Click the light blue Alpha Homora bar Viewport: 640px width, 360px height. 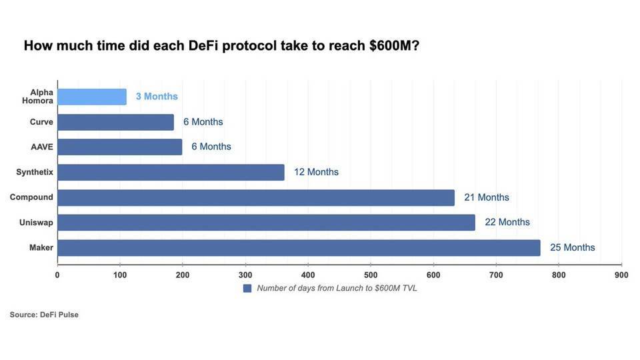click(92, 97)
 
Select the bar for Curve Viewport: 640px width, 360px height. click(115, 122)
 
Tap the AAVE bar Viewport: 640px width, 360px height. click(120, 147)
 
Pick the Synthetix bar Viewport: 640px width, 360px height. click(171, 172)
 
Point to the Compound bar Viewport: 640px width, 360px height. click(256, 197)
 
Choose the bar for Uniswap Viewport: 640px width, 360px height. click(267, 222)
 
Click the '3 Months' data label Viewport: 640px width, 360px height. click(157, 97)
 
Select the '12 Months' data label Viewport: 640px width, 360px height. click(316, 172)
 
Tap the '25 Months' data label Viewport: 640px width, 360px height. click(572, 247)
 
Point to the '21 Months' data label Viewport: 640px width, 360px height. click(487, 197)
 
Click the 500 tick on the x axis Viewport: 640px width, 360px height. click(371, 275)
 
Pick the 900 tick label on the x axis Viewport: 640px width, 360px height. click(621, 275)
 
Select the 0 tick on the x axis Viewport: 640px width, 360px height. click(57, 275)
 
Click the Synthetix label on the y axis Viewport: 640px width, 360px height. click(35, 172)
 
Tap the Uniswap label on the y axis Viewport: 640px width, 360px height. click(36, 222)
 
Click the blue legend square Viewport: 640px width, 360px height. click(247, 288)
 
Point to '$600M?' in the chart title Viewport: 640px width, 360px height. click(394, 46)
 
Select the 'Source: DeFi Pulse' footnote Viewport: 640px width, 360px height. click(44, 315)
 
